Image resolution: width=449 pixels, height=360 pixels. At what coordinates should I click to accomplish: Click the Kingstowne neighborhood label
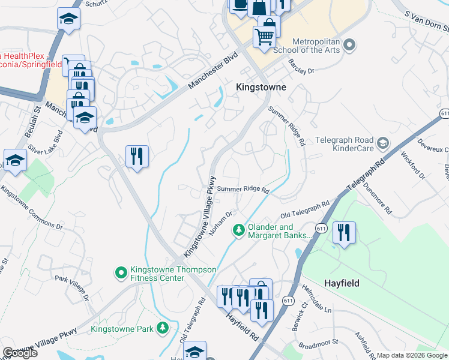click(261, 87)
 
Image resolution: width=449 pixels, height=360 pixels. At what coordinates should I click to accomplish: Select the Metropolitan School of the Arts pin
click(352, 44)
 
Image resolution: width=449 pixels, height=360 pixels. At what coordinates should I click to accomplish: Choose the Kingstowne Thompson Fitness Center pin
click(121, 273)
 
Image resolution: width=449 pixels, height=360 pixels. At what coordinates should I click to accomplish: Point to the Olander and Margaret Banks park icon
click(239, 230)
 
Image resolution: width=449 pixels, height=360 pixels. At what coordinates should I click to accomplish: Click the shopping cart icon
click(264, 37)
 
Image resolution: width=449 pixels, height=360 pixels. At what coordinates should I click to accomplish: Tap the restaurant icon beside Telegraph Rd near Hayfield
click(344, 232)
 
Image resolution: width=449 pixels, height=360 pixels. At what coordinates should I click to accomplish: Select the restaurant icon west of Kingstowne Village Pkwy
click(137, 157)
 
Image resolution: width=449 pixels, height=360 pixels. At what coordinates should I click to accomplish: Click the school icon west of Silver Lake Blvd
click(15, 160)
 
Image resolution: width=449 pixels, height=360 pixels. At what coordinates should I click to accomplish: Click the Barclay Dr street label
click(301, 67)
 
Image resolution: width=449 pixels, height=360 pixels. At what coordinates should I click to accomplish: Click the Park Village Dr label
click(71, 287)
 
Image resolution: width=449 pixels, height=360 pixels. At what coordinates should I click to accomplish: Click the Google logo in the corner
click(20, 353)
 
